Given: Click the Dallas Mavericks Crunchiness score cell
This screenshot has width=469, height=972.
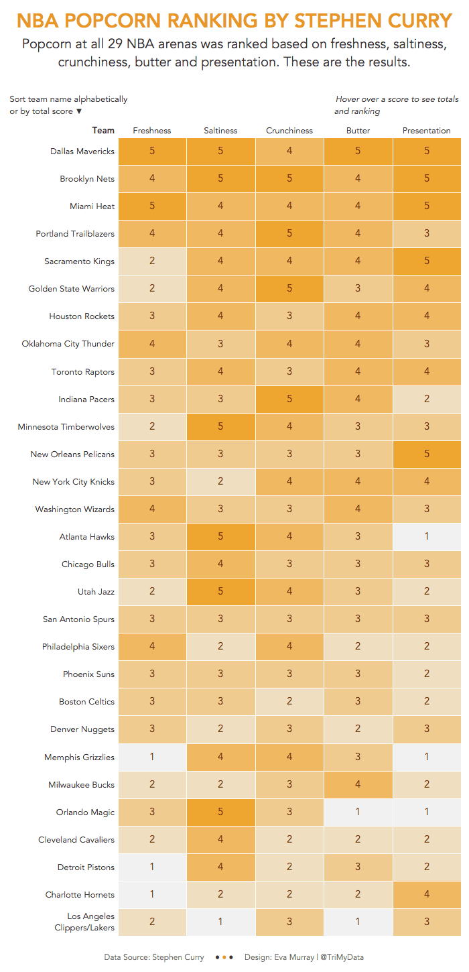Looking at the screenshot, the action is point(289,151).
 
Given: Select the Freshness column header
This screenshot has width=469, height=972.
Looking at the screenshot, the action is point(152,131).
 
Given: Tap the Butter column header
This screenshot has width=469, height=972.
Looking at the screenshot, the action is point(358,131).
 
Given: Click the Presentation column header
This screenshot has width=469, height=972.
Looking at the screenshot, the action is point(427,131).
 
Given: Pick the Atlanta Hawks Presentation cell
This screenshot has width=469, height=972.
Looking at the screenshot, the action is point(427,536).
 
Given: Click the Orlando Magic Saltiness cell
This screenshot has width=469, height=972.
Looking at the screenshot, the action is point(221,812).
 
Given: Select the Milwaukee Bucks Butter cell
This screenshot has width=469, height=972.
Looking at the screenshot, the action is point(358,784).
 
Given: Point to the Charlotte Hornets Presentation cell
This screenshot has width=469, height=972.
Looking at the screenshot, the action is point(427,894).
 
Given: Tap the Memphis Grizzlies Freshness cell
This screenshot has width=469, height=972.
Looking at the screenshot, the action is point(152,757).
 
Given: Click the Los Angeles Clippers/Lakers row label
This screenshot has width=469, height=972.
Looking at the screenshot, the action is point(84,922).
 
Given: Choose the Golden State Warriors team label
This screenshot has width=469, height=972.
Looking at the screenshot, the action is point(72,288).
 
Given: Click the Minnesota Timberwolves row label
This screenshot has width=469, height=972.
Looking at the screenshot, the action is point(66,426).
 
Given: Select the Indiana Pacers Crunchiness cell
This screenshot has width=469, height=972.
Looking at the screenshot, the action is point(289,399).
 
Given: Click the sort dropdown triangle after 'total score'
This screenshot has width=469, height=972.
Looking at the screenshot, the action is point(79,111).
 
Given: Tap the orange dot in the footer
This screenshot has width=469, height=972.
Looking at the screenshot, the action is point(224,957).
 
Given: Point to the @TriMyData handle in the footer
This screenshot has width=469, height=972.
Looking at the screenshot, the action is point(342,957).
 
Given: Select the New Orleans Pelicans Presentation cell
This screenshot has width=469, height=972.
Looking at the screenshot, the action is point(427,454).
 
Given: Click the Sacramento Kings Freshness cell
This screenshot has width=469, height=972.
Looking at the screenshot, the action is point(152,261).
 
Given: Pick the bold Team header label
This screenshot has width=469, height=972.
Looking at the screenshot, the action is point(103,130).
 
